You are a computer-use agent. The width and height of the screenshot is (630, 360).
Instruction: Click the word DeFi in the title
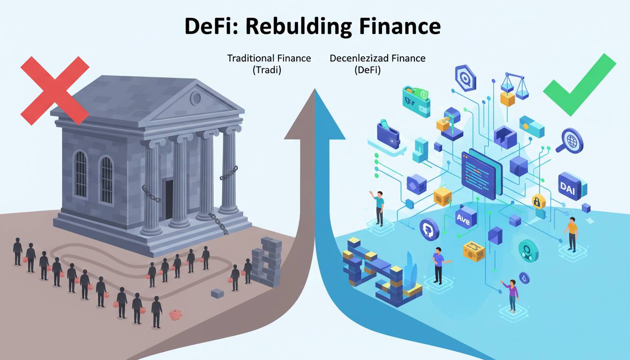point(208,26)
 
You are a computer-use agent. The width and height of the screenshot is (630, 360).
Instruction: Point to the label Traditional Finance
point(269,59)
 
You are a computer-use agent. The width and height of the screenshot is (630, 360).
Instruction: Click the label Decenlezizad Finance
point(377,59)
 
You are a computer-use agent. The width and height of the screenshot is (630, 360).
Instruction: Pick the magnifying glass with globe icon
point(571,140)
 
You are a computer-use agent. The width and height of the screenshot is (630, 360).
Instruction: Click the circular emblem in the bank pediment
point(195,98)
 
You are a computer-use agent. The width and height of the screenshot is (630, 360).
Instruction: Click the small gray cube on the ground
point(217,293)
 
